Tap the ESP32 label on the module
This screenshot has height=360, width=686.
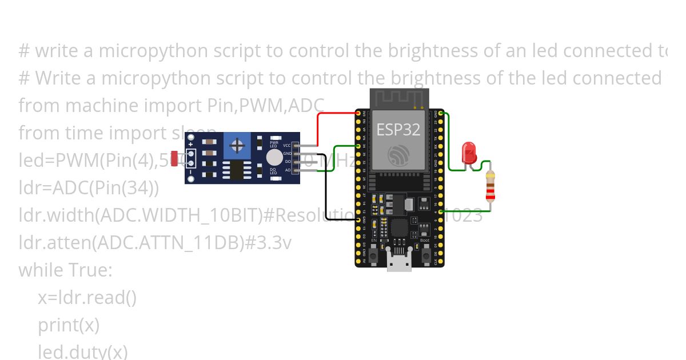click(398, 130)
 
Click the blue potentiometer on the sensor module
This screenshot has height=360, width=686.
click(236, 146)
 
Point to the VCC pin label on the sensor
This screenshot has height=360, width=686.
click(287, 146)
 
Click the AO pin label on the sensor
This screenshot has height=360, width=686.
click(288, 170)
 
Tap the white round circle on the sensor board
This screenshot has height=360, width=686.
click(274, 157)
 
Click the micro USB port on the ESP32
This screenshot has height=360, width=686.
click(398, 263)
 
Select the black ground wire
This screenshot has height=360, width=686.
click(326, 189)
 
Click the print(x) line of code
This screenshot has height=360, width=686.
click(69, 325)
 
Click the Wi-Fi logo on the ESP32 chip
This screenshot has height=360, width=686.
click(398, 155)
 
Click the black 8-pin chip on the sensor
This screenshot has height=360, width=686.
click(236, 170)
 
